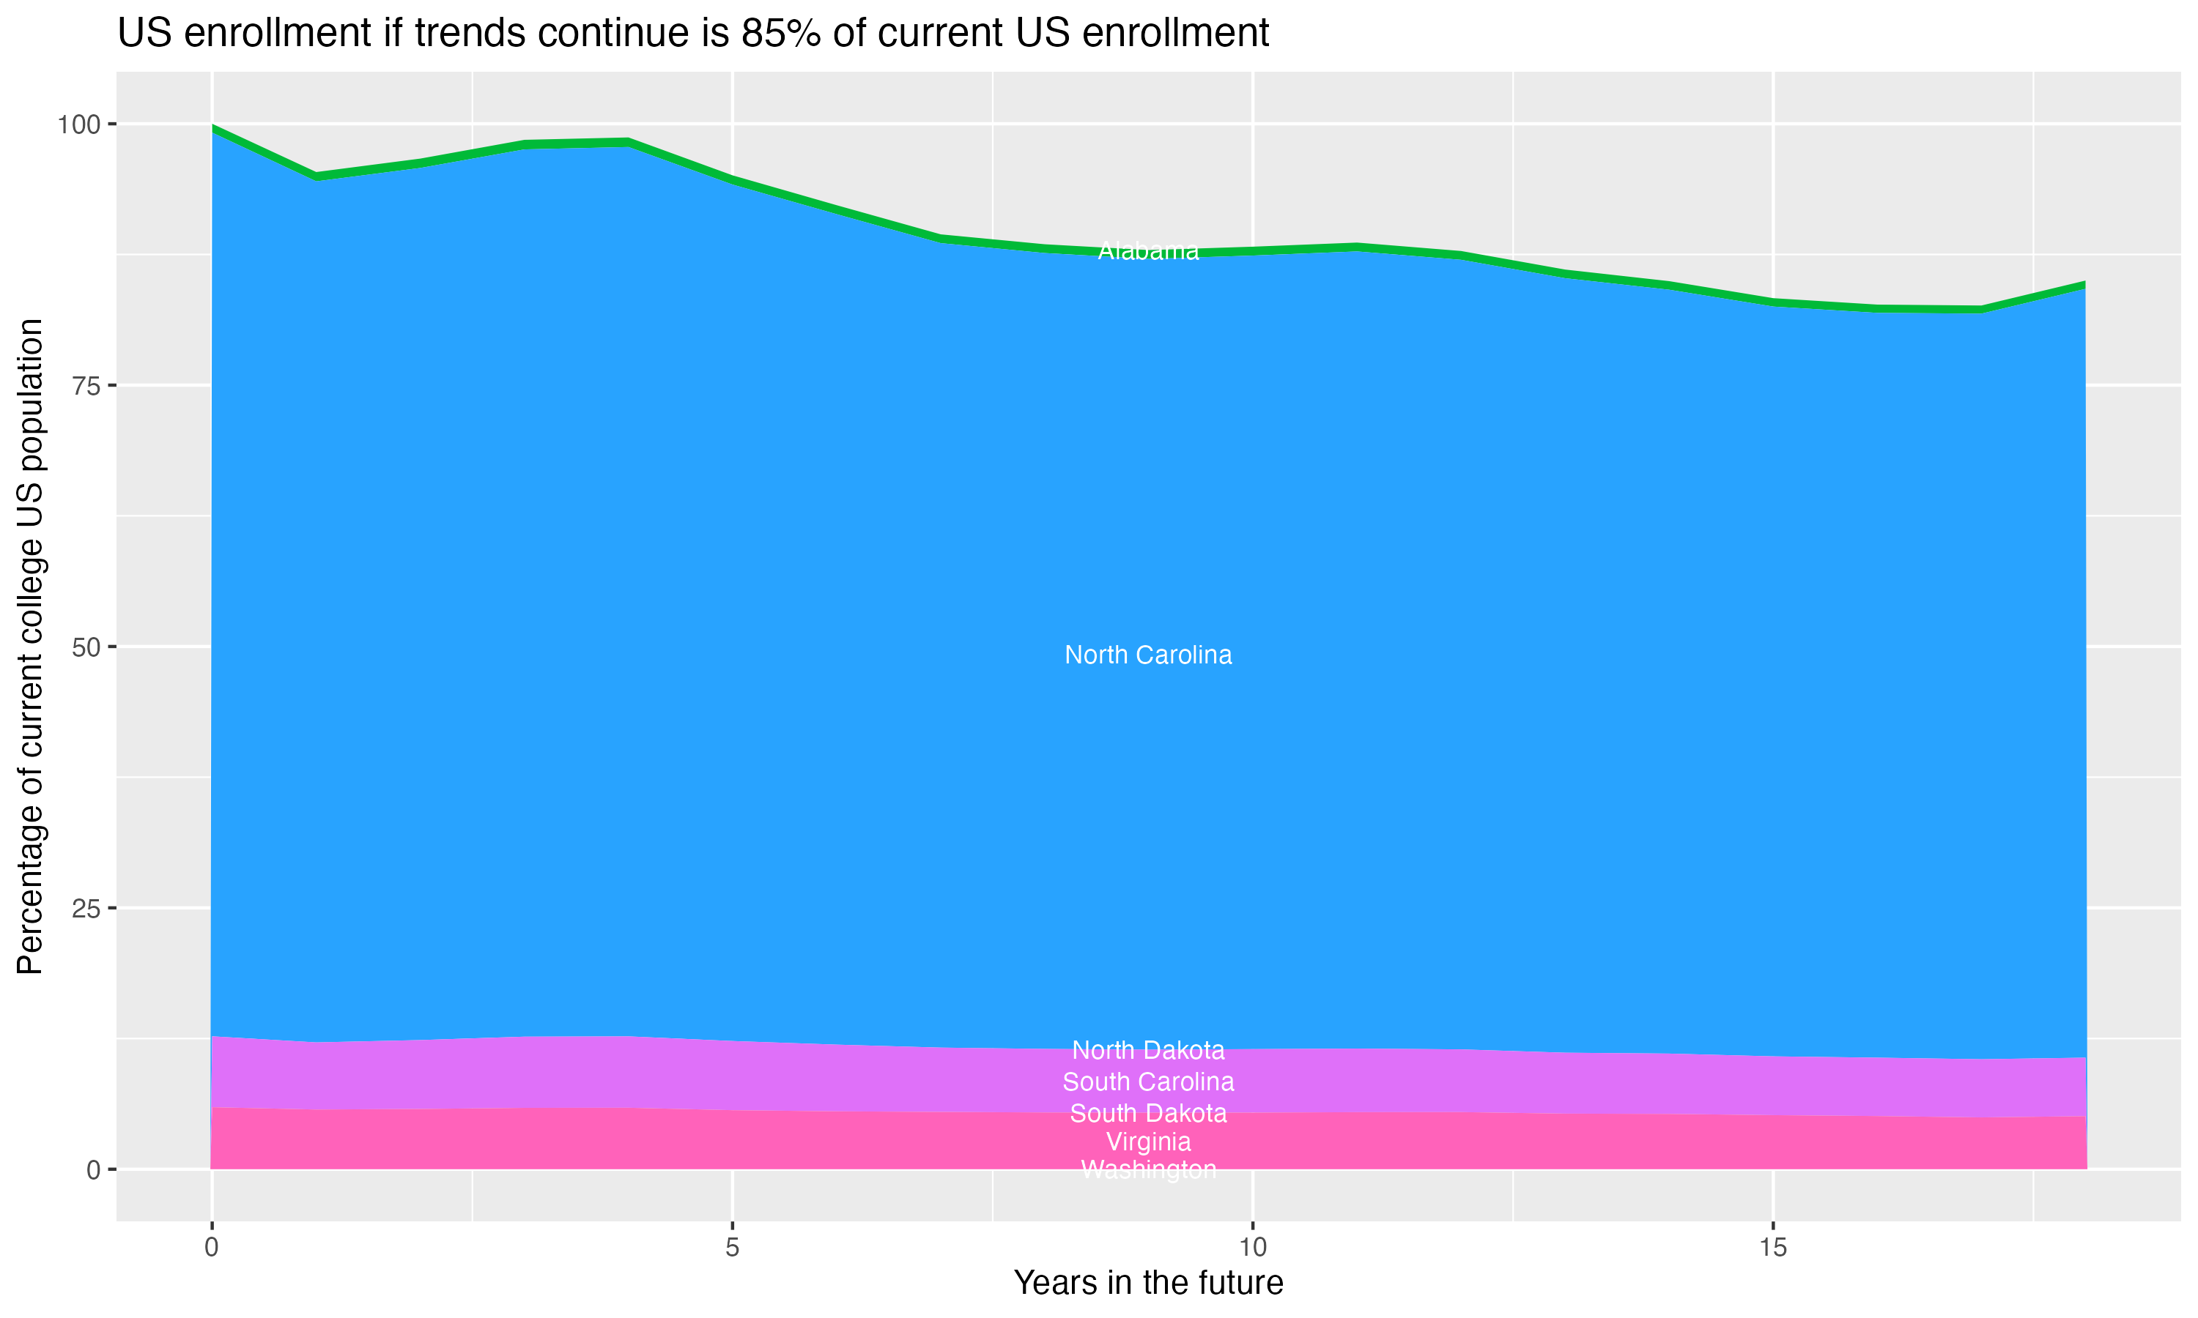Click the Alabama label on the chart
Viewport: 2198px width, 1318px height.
coord(1148,251)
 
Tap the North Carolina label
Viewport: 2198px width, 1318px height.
coord(1148,655)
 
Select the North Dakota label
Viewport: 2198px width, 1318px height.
coord(1148,1051)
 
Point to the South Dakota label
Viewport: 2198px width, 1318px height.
coord(1148,1114)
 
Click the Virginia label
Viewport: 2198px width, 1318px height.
coord(1148,1142)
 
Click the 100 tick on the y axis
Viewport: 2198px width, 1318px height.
coord(78,124)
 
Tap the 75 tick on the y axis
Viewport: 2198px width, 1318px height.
coord(85,385)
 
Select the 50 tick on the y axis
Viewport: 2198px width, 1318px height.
coord(85,647)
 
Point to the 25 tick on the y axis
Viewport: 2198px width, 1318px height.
coord(85,909)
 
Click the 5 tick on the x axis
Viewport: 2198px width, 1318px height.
coord(732,1248)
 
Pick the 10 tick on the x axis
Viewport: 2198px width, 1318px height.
coord(1252,1248)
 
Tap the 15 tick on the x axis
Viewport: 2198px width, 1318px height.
coord(1772,1248)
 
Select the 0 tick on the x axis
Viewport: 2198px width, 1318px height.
coord(212,1248)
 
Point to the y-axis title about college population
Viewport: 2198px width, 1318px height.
coord(30,647)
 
